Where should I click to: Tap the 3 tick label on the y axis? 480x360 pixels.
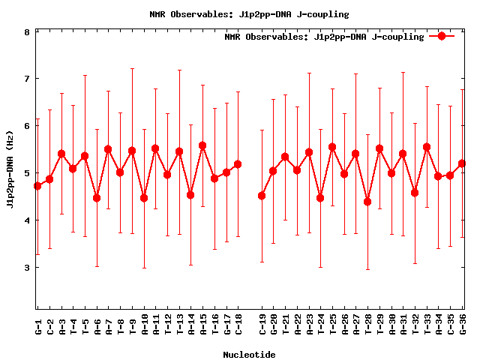pyautogui.click(x=27, y=268)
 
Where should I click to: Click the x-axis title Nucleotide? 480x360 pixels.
pyautogui.click(x=249, y=354)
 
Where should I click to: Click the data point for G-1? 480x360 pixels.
pyautogui.click(x=37, y=185)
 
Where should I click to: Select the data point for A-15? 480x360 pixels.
pyautogui.click(x=202, y=145)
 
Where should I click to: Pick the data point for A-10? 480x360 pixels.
pyautogui.click(x=144, y=198)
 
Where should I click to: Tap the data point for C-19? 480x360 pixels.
pyautogui.click(x=262, y=196)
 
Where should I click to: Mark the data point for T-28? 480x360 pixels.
pyautogui.click(x=367, y=202)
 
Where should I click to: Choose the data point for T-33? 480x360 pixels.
pyautogui.click(x=427, y=147)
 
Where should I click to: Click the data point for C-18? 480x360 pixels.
pyautogui.click(x=238, y=164)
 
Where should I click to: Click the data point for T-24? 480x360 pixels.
pyautogui.click(x=320, y=198)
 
